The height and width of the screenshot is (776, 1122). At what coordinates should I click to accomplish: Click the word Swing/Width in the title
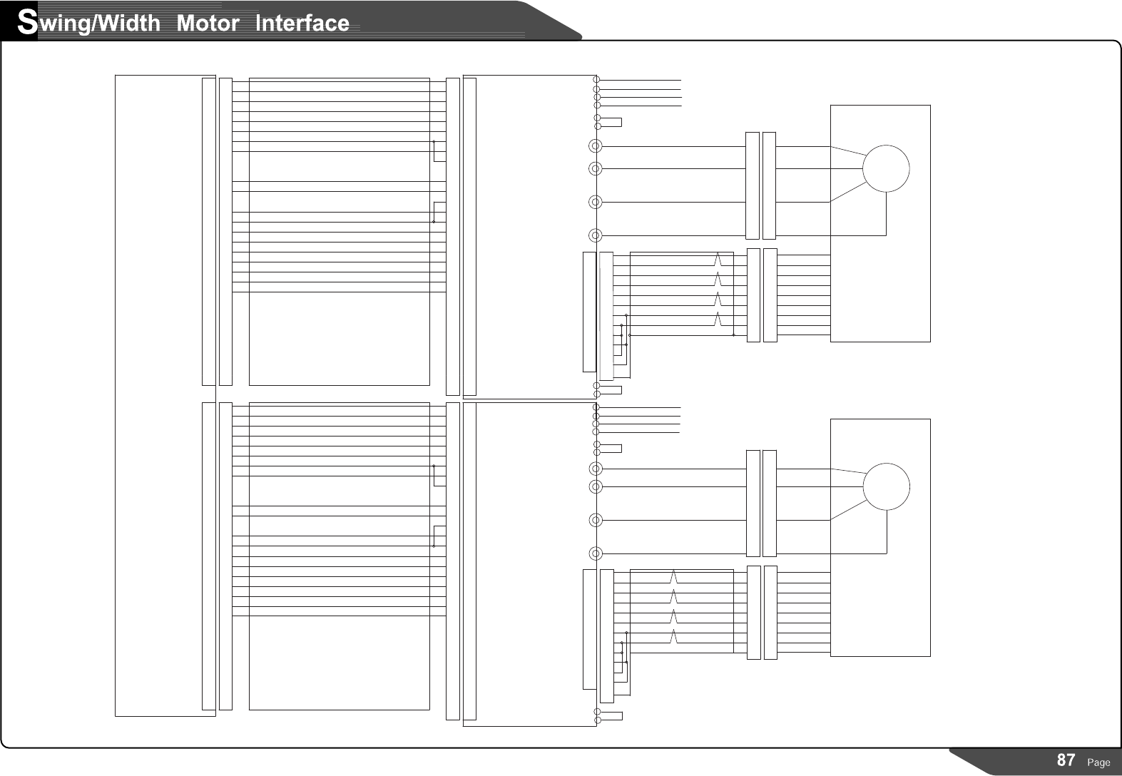pyautogui.click(x=90, y=24)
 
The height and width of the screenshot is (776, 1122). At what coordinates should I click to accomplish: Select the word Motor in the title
pyautogui.click(x=208, y=24)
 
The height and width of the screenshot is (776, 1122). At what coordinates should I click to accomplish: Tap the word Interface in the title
pyautogui.click(x=302, y=24)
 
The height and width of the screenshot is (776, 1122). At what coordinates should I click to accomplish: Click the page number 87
pyautogui.click(x=1066, y=760)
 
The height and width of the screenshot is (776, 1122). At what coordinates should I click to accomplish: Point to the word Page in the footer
pyautogui.click(x=1098, y=762)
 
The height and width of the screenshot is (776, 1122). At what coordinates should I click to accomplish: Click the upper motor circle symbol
pyautogui.click(x=886, y=168)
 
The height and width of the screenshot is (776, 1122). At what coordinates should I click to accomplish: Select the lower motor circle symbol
pyautogui.click(x=886, y=486)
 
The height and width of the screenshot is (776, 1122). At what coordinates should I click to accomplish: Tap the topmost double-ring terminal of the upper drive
pyautogui.click(x=595, y=146)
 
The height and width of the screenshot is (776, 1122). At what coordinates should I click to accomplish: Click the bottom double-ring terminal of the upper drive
pyautogui.click(x=595, y=235)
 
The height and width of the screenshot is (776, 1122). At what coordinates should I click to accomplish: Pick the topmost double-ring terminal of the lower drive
pyautogui.click(x=595, y=469)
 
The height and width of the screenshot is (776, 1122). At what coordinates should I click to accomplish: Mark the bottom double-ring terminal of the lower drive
pyautogui.click(x=595, y=553)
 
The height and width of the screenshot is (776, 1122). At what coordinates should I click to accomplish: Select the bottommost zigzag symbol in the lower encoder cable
pyautogui.click(x=674, y=636)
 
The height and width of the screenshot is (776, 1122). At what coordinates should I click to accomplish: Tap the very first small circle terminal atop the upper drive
pyautogui.click(x=596, y=80)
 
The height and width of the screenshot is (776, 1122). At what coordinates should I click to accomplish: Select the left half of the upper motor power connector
pyautogui.click(x=753, y=185)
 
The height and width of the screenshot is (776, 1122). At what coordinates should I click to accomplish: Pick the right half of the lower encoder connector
pyautogui.click(x=770, y=613)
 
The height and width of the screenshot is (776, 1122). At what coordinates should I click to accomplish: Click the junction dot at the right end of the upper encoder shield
pyautogui.click(x=733, y=335)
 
